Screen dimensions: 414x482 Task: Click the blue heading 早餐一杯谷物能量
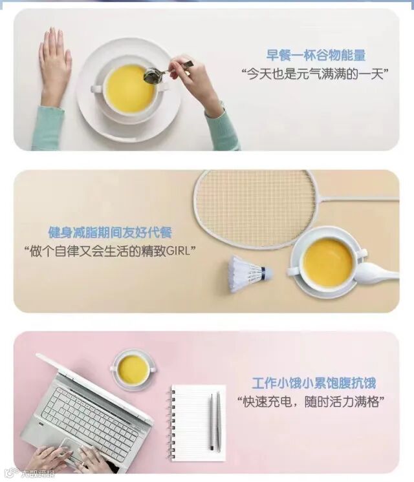(316, 56)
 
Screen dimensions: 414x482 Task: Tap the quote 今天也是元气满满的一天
(314, 74)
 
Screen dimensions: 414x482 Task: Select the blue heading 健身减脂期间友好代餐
(110, 232)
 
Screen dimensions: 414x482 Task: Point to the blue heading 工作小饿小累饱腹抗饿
(314, 383)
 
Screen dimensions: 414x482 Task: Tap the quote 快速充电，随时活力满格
(311, 402)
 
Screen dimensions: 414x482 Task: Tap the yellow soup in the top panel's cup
(129, 88)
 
